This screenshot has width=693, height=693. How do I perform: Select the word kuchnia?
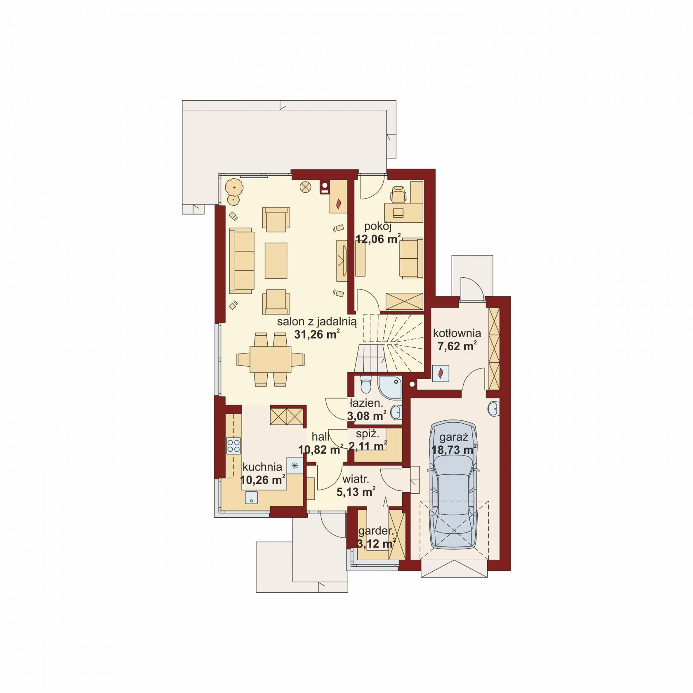point(262,467)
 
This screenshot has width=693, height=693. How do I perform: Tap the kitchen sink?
point(251,498)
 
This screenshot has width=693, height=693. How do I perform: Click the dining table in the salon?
point(271,359)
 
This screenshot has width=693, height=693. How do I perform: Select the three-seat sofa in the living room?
point(241,260)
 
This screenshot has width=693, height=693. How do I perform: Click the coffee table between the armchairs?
point(276,260)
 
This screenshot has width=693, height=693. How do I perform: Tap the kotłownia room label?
point(457,333)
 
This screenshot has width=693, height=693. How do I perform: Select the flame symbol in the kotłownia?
point(441,373)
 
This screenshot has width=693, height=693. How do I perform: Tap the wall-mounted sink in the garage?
point(493,409)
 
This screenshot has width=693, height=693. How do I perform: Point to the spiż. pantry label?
point(368,434)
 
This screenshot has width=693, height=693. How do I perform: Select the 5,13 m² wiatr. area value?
point(356,492)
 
